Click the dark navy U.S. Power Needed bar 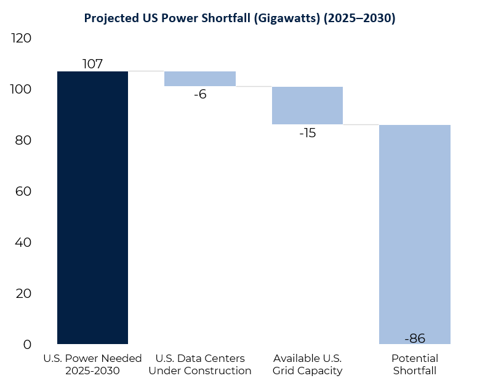[92, 207]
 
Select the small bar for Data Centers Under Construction [200, 79]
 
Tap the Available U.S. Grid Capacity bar [307, 105]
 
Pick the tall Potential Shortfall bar [415, 234]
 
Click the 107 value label [92, 64]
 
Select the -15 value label [307, 133]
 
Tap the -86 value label [415, 338]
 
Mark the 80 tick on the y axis [23, 141]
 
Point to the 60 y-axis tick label [23, 192]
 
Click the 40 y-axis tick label [23, 243]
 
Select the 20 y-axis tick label [23, 294]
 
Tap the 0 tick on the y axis [27, 345]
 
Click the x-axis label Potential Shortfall [415, 364]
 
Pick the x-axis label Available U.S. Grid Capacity [307, 364]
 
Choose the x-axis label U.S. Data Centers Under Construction [200, 364]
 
